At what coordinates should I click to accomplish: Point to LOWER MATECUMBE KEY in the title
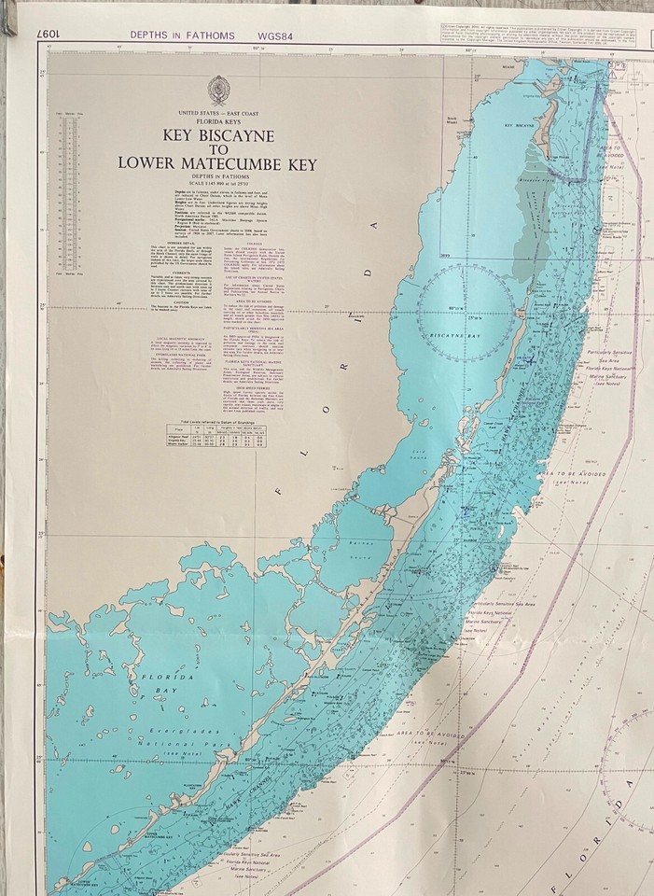coord(217,164)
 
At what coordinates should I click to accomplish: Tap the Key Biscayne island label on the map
coord(522,124)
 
